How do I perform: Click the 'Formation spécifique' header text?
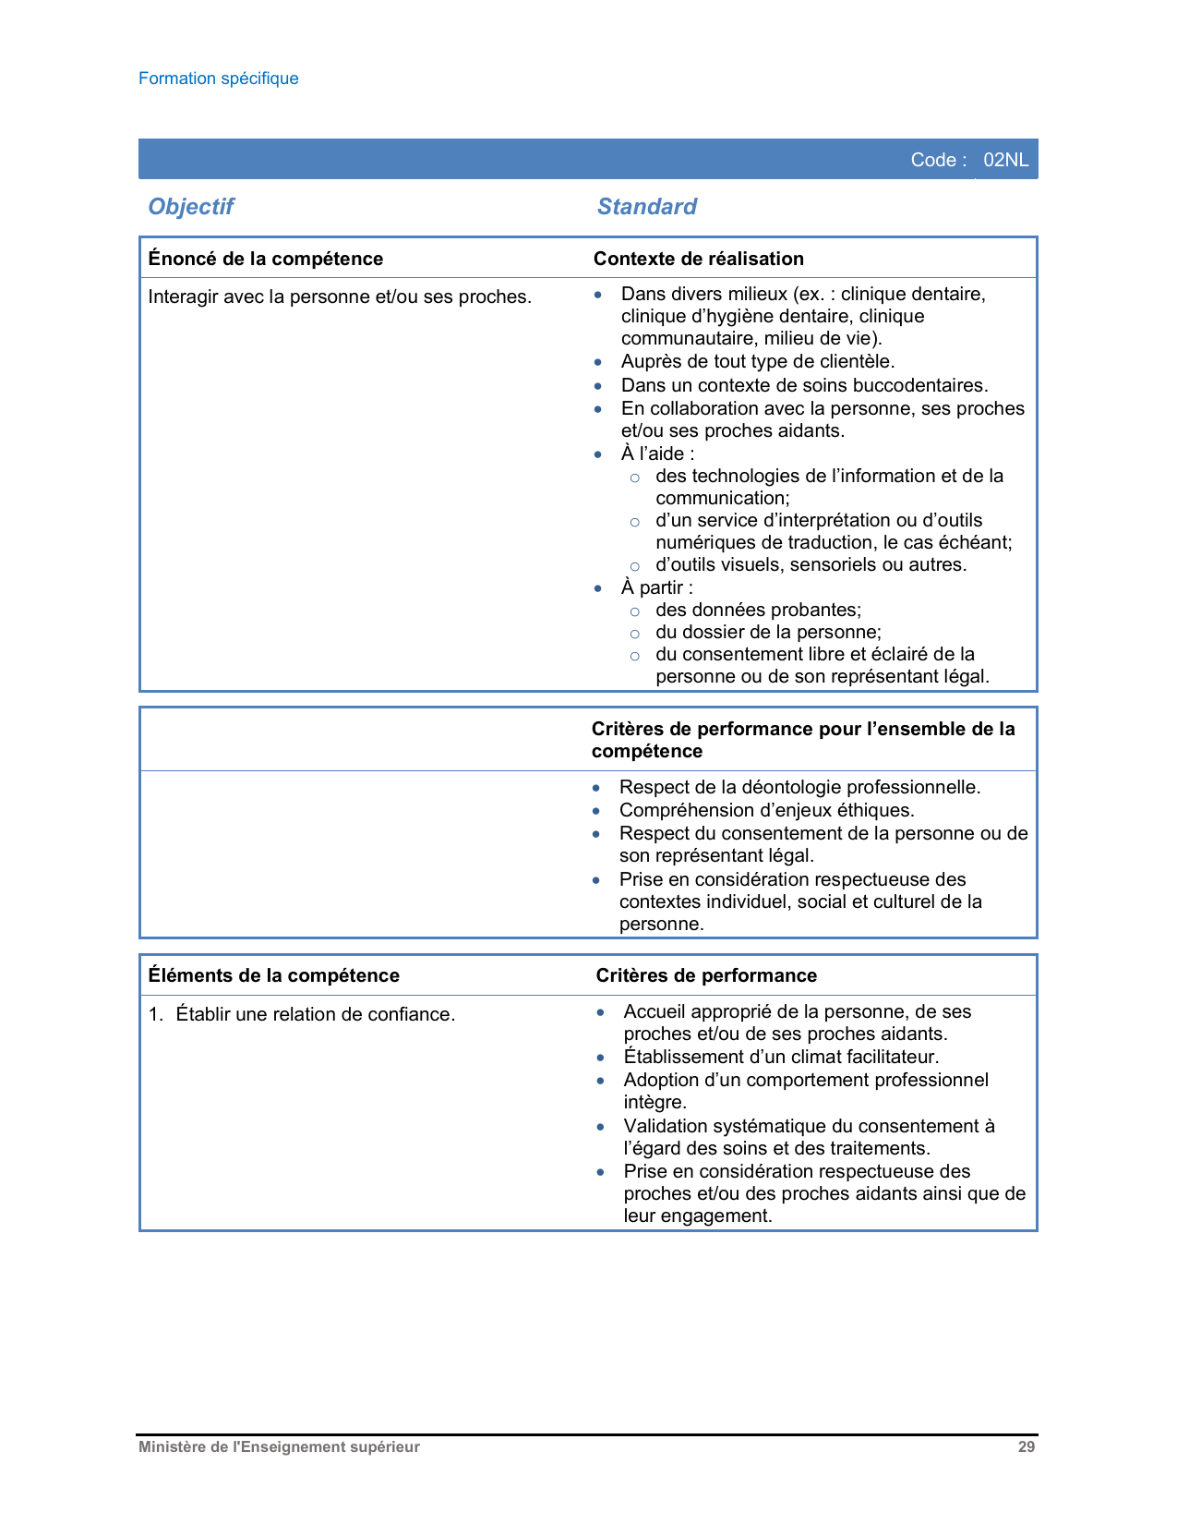(x=218, y=79)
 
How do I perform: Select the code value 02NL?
(x=1005, y=160)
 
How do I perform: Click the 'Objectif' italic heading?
(x=191, y=207)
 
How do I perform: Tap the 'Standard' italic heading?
(x=646, y=207)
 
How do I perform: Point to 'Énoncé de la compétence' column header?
(x=265, y=259)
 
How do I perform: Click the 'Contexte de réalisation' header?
(x=698, y=259)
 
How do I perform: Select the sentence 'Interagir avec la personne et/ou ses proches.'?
(x=339, y=297)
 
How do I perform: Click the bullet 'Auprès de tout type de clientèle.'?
(x=757, y=362)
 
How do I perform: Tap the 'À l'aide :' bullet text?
(x=657, y=454)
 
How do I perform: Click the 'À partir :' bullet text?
(x=656, y=587)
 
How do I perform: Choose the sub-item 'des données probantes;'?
(x=758, y=610)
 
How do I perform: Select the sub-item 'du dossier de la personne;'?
(x=768, y=632)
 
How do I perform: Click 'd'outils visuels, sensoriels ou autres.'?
(x=811, y=564)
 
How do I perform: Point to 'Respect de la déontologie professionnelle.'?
(x=799, y=787)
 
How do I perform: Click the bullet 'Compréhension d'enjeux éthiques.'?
(x=766, y=810)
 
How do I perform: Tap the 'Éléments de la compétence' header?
(x=273, y=975)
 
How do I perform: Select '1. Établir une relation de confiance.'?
(x=302, y=1014)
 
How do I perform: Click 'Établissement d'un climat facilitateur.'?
(x=781, y=1057)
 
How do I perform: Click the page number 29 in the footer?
(x=1026, y=1447)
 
